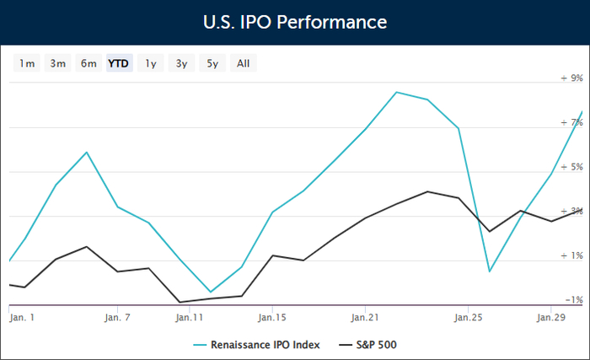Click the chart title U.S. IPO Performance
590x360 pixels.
(295, 21)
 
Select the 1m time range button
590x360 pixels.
(27, 63)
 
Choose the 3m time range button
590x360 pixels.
(57, 63)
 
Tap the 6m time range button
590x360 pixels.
(88, 63)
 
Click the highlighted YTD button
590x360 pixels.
(119, 63)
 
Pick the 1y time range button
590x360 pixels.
(151, 63)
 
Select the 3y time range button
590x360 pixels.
(181, 63)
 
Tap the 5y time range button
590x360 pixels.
(212, 63)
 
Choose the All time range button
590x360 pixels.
(243, 63)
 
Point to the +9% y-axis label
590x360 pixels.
(572, 78)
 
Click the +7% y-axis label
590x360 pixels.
(572, 123)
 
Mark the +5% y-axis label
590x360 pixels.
(572, 167)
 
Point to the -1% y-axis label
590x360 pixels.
(572, 300)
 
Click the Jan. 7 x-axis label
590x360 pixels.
(117, 318)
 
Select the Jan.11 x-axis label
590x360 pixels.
(190, 318)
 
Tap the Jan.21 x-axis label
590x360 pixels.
(365, 318)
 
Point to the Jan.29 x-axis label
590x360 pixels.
(551, 318)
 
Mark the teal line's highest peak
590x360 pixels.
(396, 92)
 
